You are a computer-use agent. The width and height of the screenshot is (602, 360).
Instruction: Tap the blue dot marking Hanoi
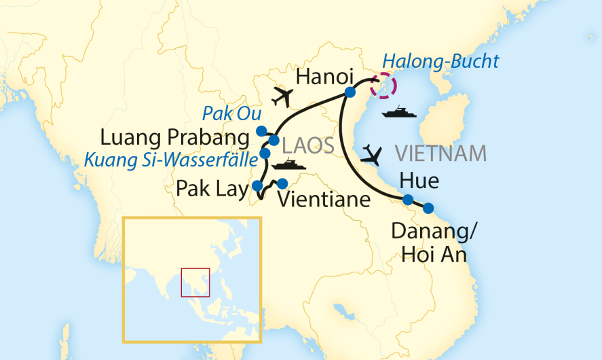[350, 92]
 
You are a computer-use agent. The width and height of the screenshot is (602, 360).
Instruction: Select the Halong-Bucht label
[440, 61]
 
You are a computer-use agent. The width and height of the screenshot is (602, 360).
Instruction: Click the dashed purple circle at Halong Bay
[384, 86]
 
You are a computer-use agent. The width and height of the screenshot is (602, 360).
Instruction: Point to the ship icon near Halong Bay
[399, 111]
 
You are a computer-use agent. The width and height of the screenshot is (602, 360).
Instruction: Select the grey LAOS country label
[307, 145]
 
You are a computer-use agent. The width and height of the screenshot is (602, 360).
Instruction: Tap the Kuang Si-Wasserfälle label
[171, 161]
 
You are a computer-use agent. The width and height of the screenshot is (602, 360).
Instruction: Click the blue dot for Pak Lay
[257, 185]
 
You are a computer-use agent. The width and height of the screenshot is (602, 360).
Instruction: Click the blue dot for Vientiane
[282, 183]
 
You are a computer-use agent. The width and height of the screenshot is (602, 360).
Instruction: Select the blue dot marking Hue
[408, 200]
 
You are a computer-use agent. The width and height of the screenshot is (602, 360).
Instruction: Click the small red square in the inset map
[195, 283]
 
